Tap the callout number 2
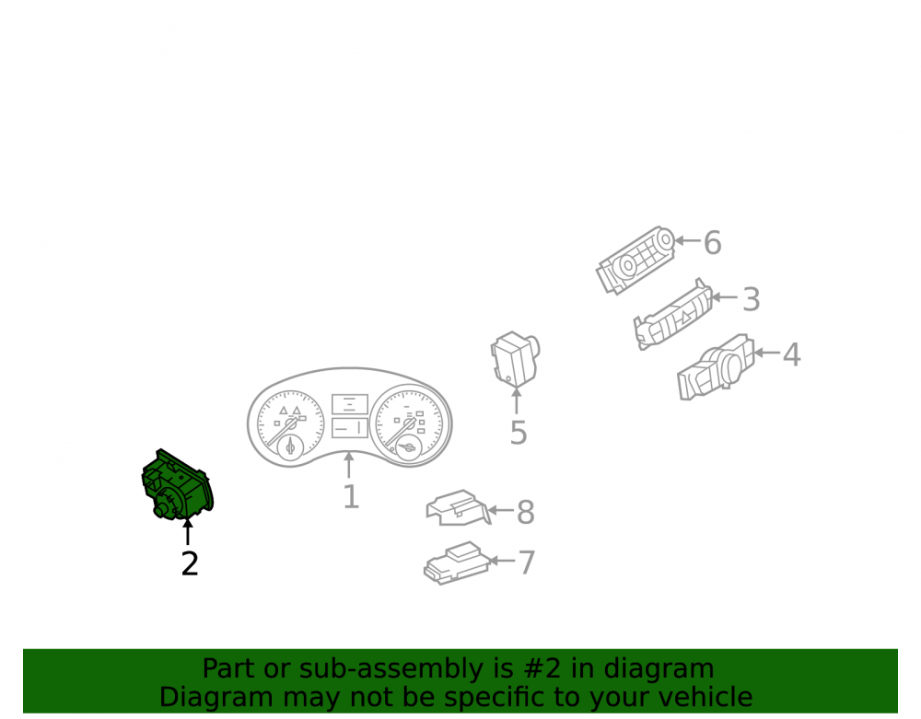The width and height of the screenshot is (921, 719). pos(190,564)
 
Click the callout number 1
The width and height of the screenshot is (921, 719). pos(351,496)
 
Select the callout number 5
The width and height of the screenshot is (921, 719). pos(518,434)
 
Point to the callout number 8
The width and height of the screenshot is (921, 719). pos(526,513)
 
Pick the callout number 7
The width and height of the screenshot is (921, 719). pos(527,562)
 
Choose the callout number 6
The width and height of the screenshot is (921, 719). pos(713,242)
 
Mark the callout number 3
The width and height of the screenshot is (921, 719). pos(752,299)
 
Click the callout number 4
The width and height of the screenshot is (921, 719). pos(792,354)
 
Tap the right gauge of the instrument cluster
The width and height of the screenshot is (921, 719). pos(409,423)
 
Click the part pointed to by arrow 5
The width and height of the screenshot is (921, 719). pos(515,359)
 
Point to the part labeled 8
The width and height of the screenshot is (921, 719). pos(458,507)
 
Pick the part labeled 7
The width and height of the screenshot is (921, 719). pos(457,562)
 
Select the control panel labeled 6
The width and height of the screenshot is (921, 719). pos(635,260)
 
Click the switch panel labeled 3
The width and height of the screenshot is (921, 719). pos(673,314)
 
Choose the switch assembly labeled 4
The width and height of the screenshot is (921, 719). pos(716,367)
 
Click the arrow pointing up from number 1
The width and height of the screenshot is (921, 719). pos(349,465)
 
